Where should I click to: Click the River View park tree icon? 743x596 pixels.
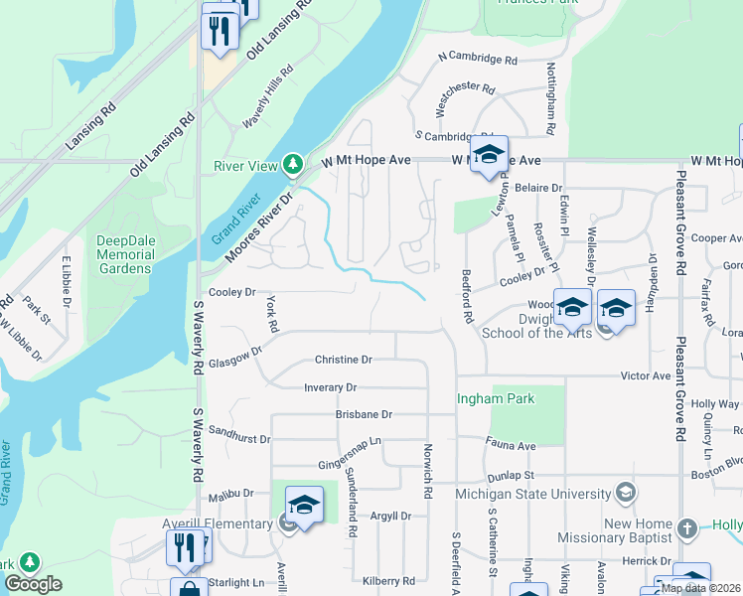point(292,163)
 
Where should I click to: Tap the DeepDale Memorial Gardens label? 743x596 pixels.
point(125,254)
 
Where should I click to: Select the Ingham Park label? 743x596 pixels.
point(495,399)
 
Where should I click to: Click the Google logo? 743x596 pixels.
point(33,584)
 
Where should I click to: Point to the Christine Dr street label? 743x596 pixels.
point(343,360)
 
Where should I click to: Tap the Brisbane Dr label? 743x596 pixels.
point(364,414)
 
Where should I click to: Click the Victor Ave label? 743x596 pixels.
point(646,376)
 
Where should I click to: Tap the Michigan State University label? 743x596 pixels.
point(532,494)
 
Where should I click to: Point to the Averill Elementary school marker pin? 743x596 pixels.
point(305,507)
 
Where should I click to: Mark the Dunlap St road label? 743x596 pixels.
point(511,476)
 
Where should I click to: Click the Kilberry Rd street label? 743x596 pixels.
point(388,580)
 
